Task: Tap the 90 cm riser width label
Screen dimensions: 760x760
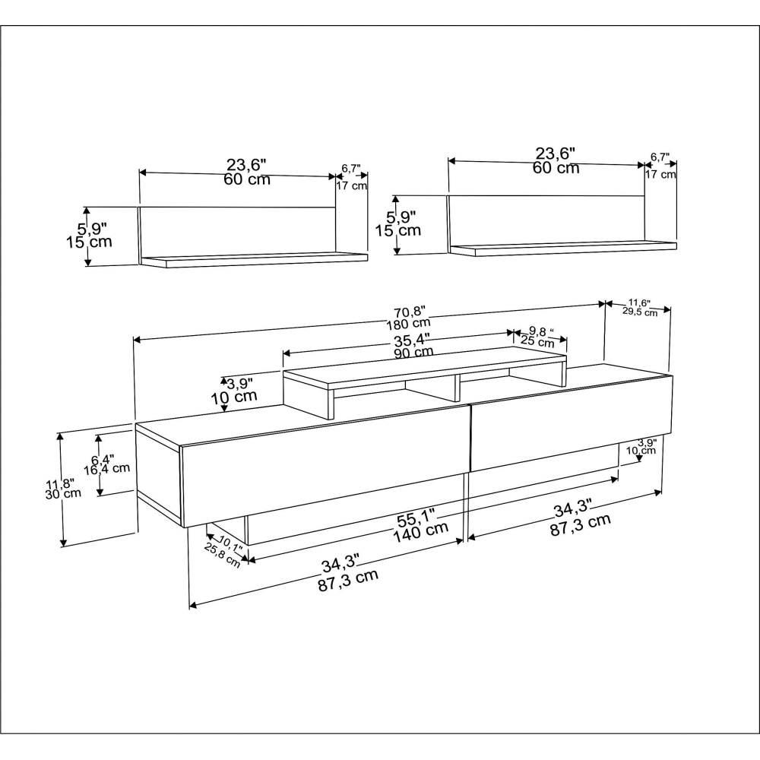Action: (x=413, y=352)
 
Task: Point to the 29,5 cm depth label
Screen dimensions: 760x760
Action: (x=640, y=312)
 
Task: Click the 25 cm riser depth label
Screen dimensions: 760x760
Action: (x=537, y=342)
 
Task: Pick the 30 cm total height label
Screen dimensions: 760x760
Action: (x=63, y=494)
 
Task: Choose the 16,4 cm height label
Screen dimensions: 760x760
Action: (x=106, y=469)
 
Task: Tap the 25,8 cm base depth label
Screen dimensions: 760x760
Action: (x=222, y=556)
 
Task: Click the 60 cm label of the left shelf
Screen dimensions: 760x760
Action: (x=247, y=179)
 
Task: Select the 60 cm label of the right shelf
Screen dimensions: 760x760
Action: (x=556, y=168)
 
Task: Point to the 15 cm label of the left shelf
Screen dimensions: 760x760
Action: (x=89, y=242)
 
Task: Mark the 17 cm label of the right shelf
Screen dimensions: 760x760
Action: (x=660, y=174)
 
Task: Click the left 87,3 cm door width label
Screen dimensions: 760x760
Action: (x=348, y=580)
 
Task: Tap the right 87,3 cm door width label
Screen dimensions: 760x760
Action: (x=580, y=525)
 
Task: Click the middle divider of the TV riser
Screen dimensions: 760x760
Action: (x=457, y=388)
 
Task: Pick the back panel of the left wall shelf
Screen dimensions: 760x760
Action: (x=237, y=232)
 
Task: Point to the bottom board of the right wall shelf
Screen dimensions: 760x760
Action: (x=562, y=249)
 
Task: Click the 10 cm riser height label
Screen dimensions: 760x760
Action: (x=233, y=397)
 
